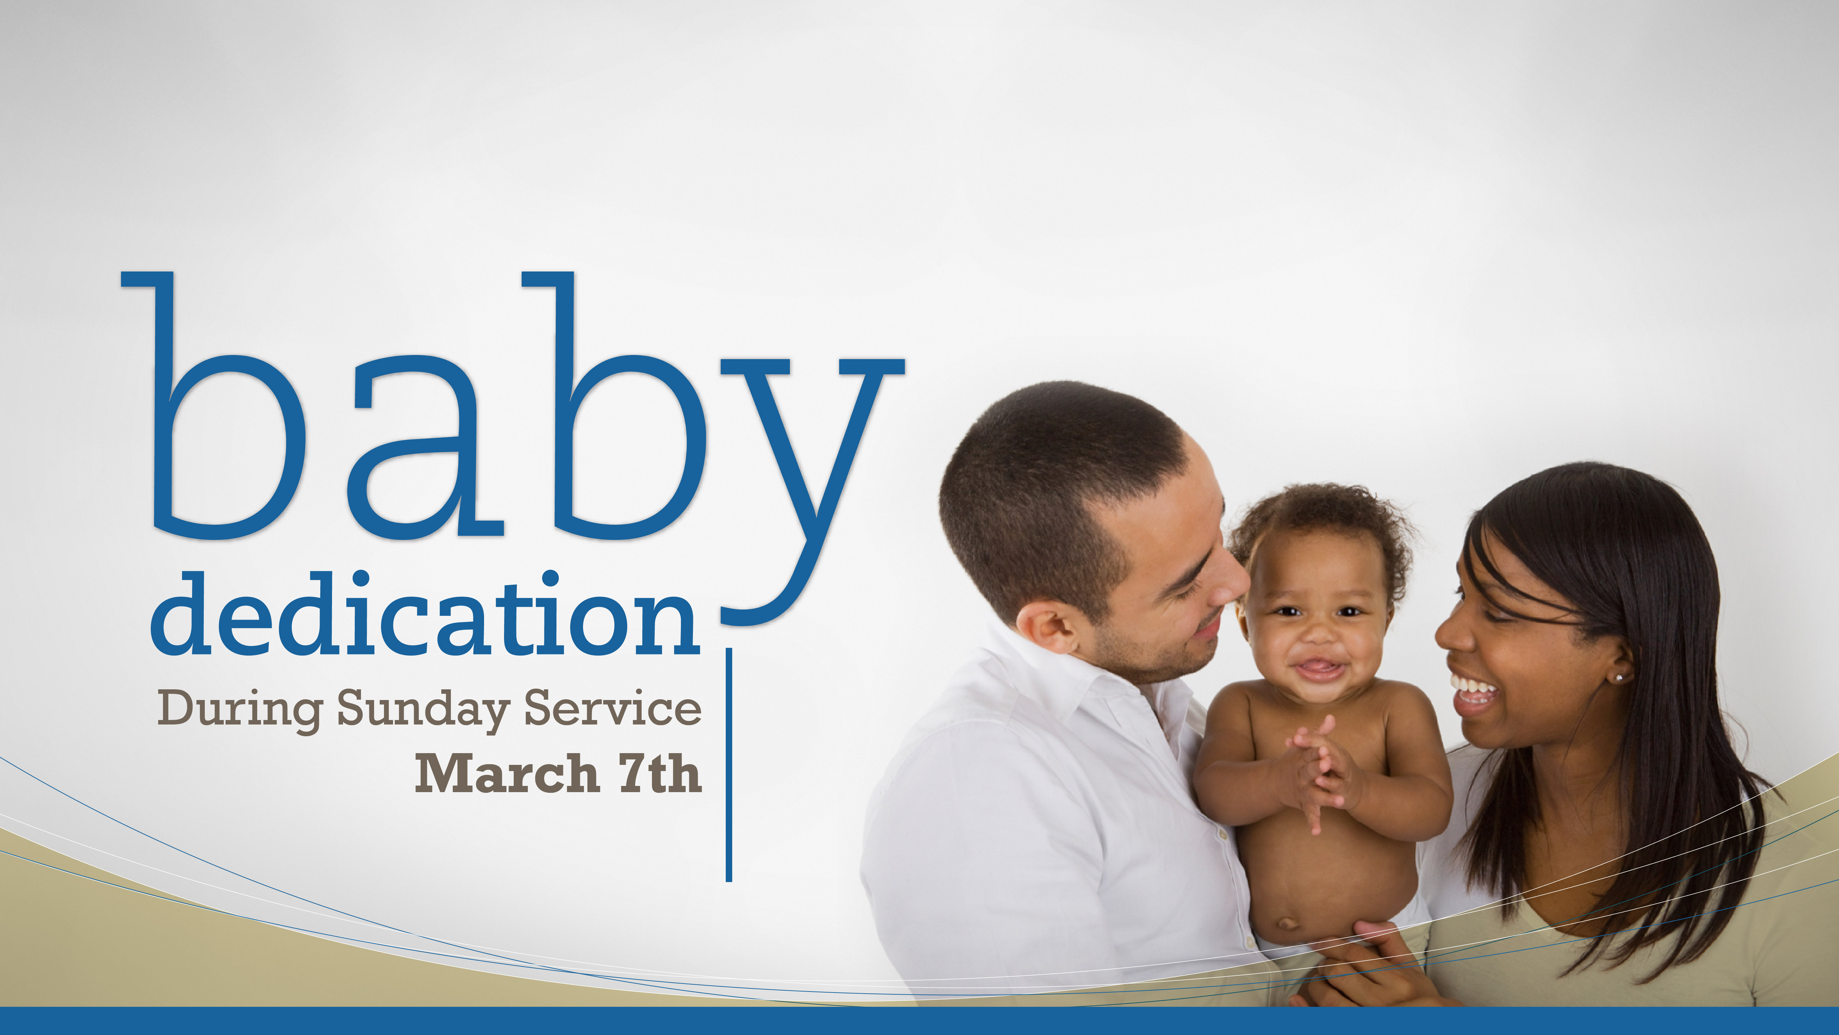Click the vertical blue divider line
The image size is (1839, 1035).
(729, 765)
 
